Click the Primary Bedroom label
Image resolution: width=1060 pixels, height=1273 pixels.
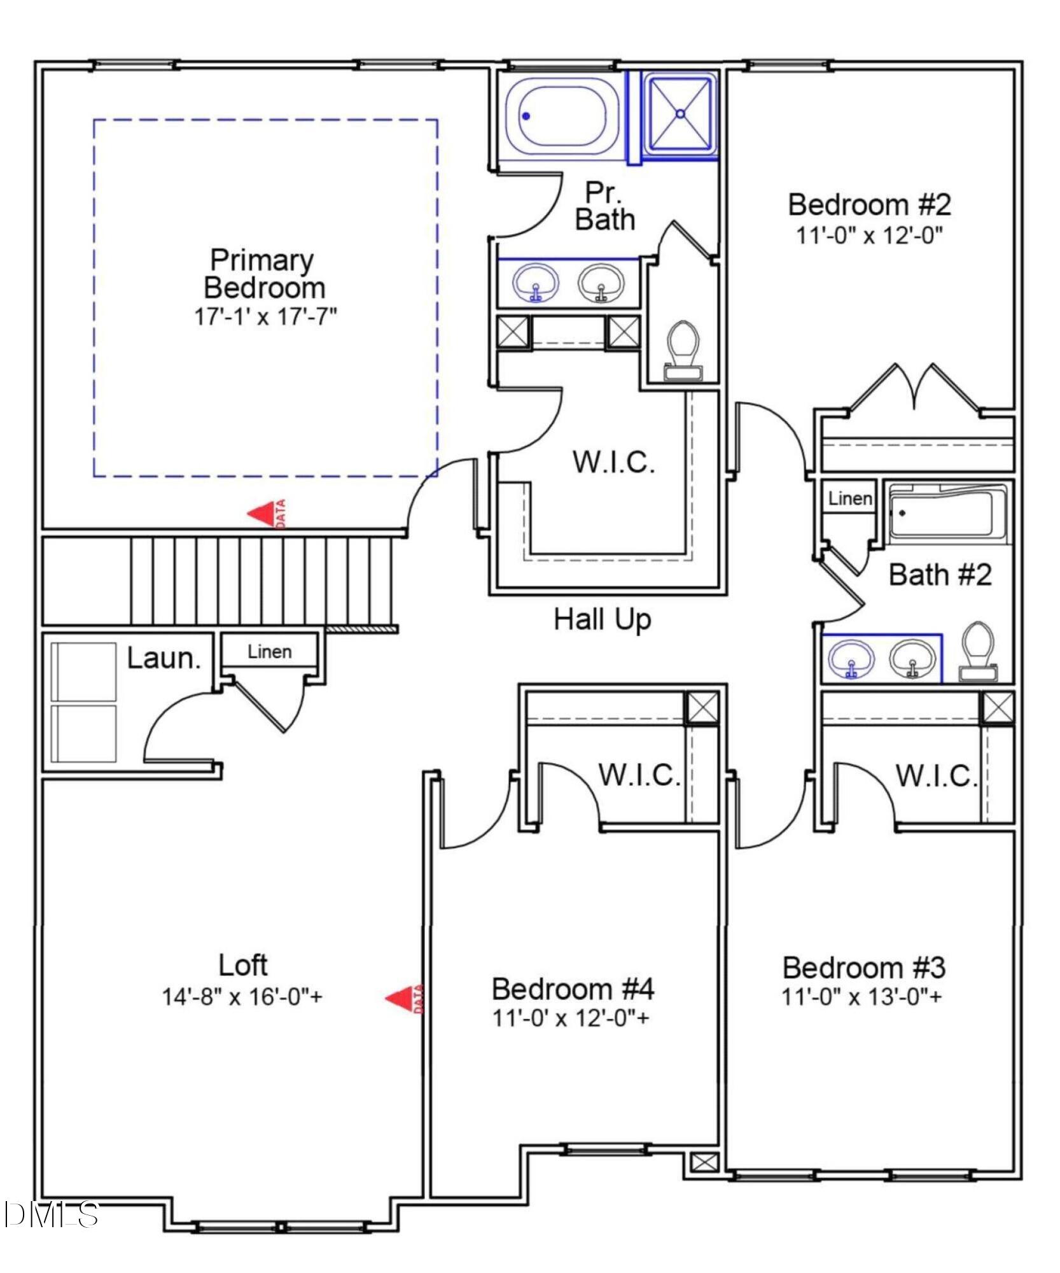pos(263,274)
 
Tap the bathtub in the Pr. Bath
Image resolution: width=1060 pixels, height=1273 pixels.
pos(561,117)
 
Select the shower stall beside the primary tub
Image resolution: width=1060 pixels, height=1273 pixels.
pos(680,115)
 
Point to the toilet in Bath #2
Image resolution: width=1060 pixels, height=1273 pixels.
pos(979,653)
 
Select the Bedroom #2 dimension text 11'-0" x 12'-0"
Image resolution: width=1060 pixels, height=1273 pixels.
pos(869,236)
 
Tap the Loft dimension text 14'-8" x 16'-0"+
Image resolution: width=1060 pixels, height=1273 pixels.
pos(242,997)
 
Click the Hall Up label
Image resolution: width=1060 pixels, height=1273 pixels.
pos(602,619)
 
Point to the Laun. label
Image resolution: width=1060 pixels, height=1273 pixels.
pos(164,658)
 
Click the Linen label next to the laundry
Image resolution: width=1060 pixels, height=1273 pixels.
pos(270,652)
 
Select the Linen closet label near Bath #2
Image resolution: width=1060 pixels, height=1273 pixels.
pos(849,498)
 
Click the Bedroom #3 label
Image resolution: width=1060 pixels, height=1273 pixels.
pos(863,967)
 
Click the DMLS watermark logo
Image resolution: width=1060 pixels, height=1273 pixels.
pos(51,1214)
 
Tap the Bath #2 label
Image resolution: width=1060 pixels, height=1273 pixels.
pos(940,575)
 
